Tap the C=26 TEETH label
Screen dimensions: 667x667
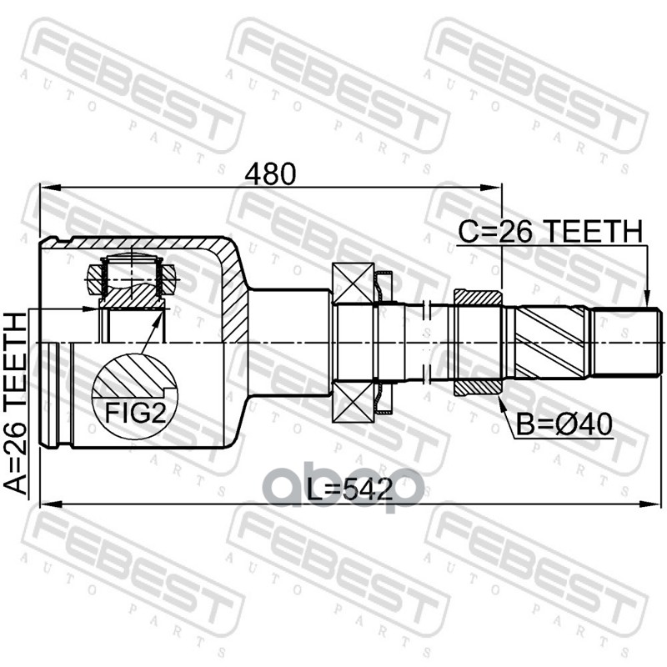(x=550, y=231)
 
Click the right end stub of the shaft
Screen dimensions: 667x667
(x=625, y=342)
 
